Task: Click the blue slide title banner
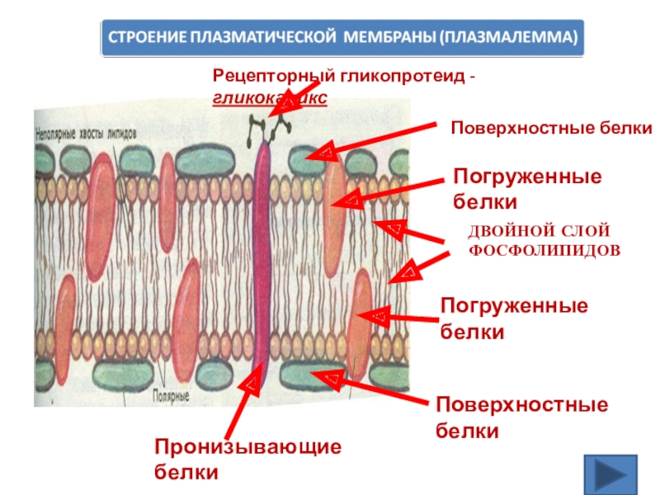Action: (342, 38)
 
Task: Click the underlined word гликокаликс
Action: (269, 98)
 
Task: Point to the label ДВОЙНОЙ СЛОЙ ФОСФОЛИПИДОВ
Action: (544, 238)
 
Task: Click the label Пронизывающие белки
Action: (247, 460)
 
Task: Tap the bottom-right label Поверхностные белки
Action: (521, 417)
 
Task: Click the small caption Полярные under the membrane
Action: (172, 396)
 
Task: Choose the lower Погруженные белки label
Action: (514, 318)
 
